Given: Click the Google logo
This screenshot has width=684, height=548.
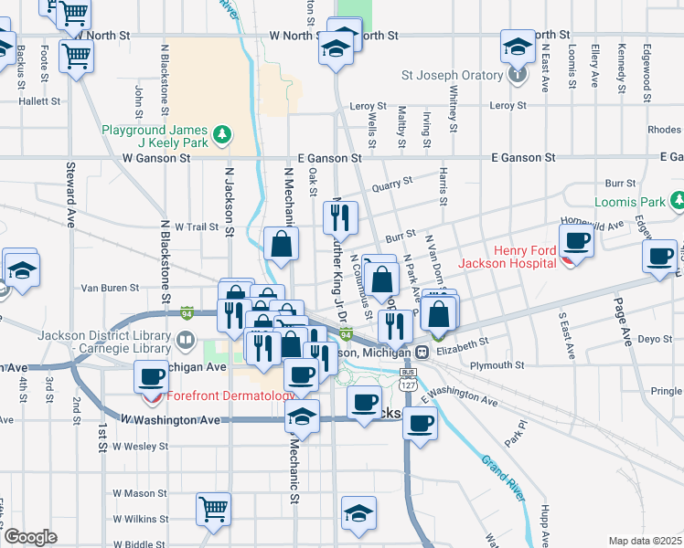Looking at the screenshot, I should (30, 537).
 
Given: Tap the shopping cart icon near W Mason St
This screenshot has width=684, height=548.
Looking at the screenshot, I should (213, 507).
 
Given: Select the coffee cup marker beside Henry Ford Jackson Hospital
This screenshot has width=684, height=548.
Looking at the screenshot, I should (576, 241).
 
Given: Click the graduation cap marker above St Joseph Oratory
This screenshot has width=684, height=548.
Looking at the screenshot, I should (518, 46).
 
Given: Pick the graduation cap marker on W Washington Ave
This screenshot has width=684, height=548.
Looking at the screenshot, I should (302, 416).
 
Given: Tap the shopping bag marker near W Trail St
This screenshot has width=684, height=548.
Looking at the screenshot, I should (281, 244).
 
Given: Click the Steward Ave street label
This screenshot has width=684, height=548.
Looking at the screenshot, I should (70, 195).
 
